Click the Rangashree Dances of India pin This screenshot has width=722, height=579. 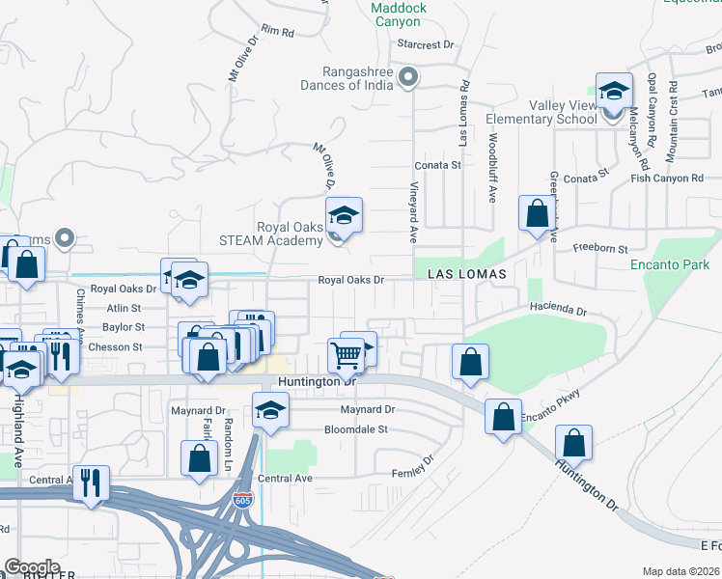[408, 76]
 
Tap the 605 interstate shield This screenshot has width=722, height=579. [242, 501]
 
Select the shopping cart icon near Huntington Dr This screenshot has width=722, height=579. [346, 355]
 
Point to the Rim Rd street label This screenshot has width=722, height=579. [276, 32]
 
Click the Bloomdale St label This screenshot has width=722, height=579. [355, 428]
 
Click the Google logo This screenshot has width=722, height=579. [32, 567]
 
